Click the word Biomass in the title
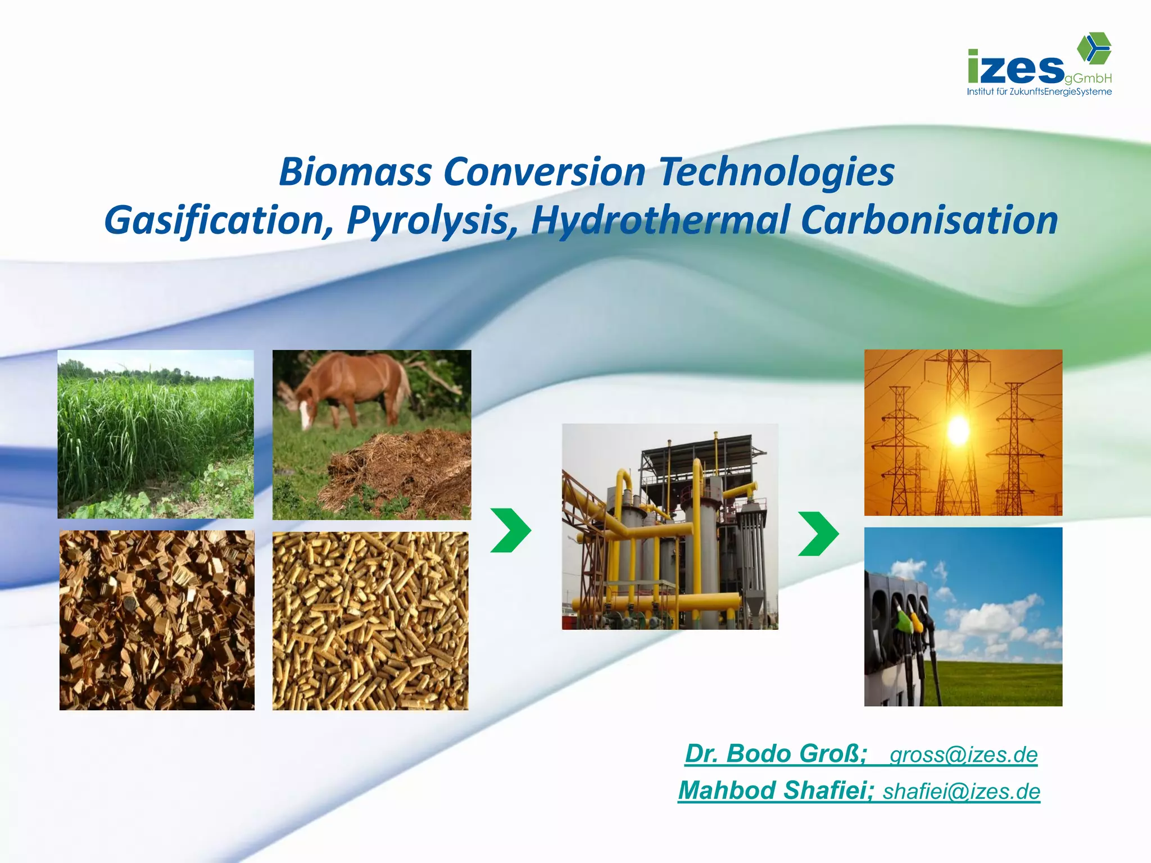(355, 172)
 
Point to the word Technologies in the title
(776, 172)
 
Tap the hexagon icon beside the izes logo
(1094, 47)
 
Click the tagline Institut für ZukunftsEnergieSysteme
(1039, 92)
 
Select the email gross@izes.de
(963, 755)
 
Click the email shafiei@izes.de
(961, 792)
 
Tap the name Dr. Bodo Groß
(776, 754)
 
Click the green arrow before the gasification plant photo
(510, 530)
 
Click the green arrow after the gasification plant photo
(818, 534)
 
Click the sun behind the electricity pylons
(958, 430)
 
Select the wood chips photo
(157, 620)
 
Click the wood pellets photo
(370, 621)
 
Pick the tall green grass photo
(156, 434)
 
